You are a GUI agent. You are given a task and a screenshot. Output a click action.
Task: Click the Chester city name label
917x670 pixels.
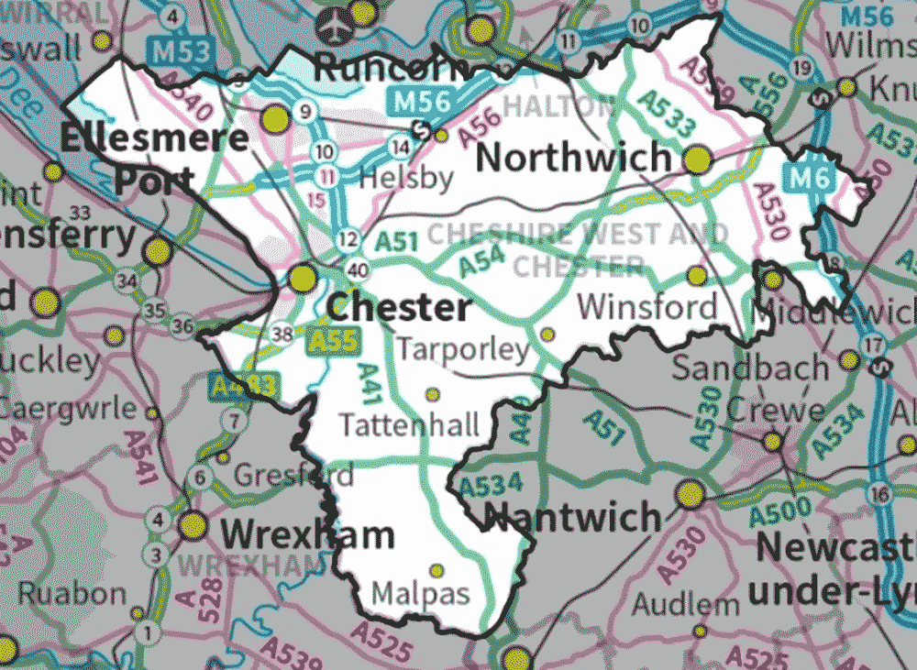399,308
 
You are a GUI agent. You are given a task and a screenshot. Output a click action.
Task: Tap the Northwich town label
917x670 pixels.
574,158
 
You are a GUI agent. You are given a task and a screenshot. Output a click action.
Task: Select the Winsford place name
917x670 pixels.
647,306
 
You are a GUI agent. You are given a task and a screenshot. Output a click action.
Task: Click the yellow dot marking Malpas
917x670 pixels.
436,570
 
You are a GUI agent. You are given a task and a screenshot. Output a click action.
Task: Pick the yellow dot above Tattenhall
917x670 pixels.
432,395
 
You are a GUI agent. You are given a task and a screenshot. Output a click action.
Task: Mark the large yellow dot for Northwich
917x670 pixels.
699,160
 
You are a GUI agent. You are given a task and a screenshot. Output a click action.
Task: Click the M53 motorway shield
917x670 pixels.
181,51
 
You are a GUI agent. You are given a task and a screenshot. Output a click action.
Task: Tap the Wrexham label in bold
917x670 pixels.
307,534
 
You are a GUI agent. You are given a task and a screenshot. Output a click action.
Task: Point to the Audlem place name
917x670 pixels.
685,604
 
